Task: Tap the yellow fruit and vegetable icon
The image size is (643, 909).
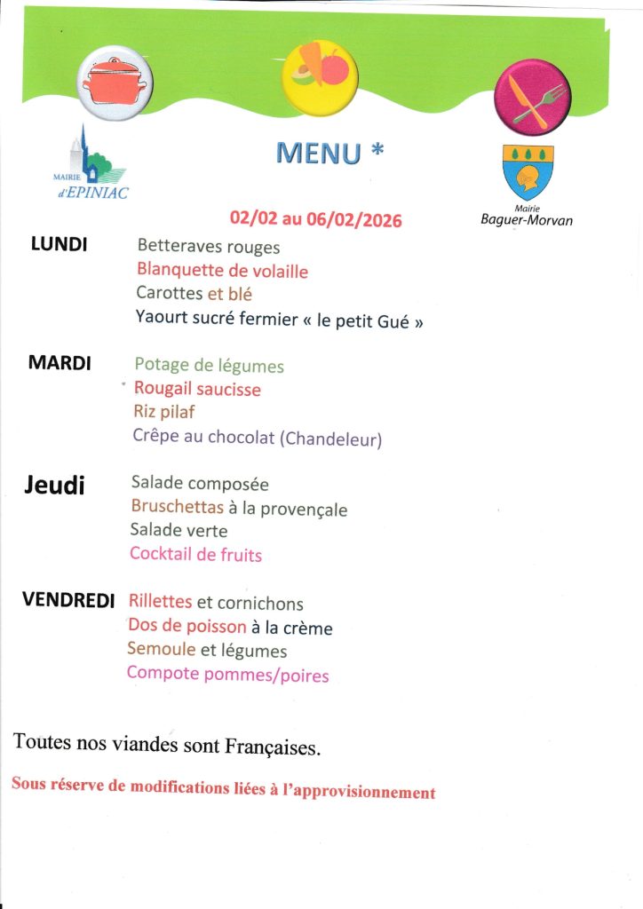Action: [x=320, y=76]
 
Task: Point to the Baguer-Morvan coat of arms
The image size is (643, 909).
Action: [x=528, y=172]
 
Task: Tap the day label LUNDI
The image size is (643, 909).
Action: [x=59, y=245]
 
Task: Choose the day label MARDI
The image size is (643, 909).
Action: [x=60, y=363]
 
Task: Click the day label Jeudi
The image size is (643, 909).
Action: [x=54, y=485]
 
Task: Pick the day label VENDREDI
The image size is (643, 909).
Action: [x=68, y=601]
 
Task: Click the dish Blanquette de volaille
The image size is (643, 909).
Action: [x=222, y=271]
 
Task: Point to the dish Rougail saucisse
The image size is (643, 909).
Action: [x=197, y=389]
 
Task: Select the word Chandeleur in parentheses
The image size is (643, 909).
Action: [x=331, y=438]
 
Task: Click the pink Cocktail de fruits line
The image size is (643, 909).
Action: [x=195, y=555]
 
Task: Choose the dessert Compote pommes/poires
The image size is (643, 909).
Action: [x=227, y=675]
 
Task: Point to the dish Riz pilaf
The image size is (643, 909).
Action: [x=163, y=412]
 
